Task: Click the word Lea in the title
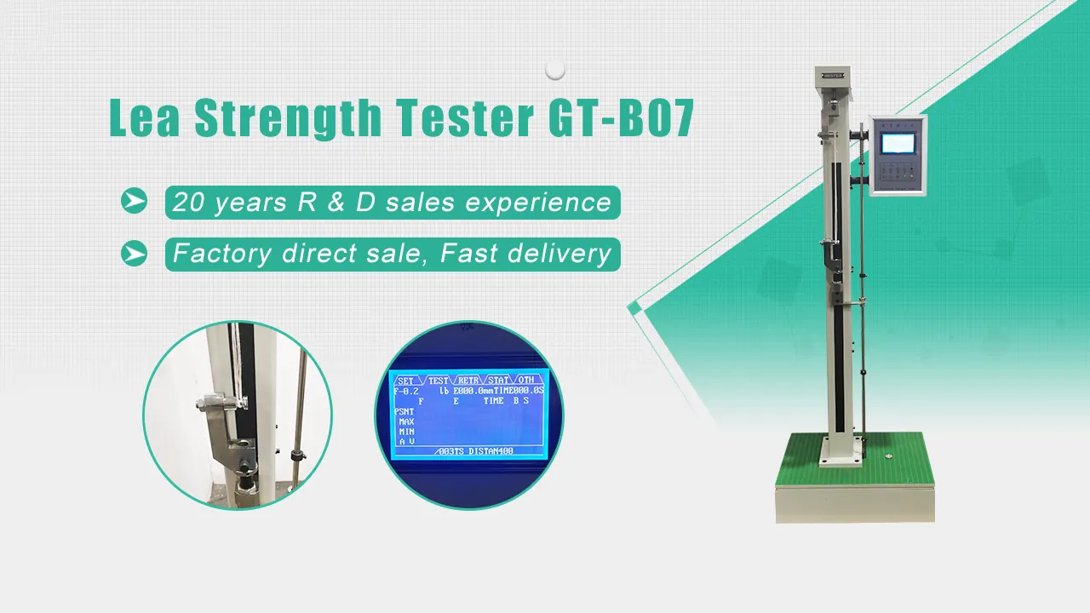click(x=144, y=119)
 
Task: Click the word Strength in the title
click(x=285, y=119)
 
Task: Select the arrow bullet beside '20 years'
click(x=134, y=201)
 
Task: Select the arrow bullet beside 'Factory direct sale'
click(x=134, y=253)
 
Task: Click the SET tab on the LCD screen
click(x=406, y=381)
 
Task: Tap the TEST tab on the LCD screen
click(x=438, y=381)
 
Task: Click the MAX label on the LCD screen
click(x=406, y=421)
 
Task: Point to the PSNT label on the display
click(x=404, y=411)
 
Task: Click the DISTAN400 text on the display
click(x=491, y=450)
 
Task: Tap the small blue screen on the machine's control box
click(x=896, y=142)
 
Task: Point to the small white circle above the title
click(x=555, y=69)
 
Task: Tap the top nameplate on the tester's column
click(x=832, y=76)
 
